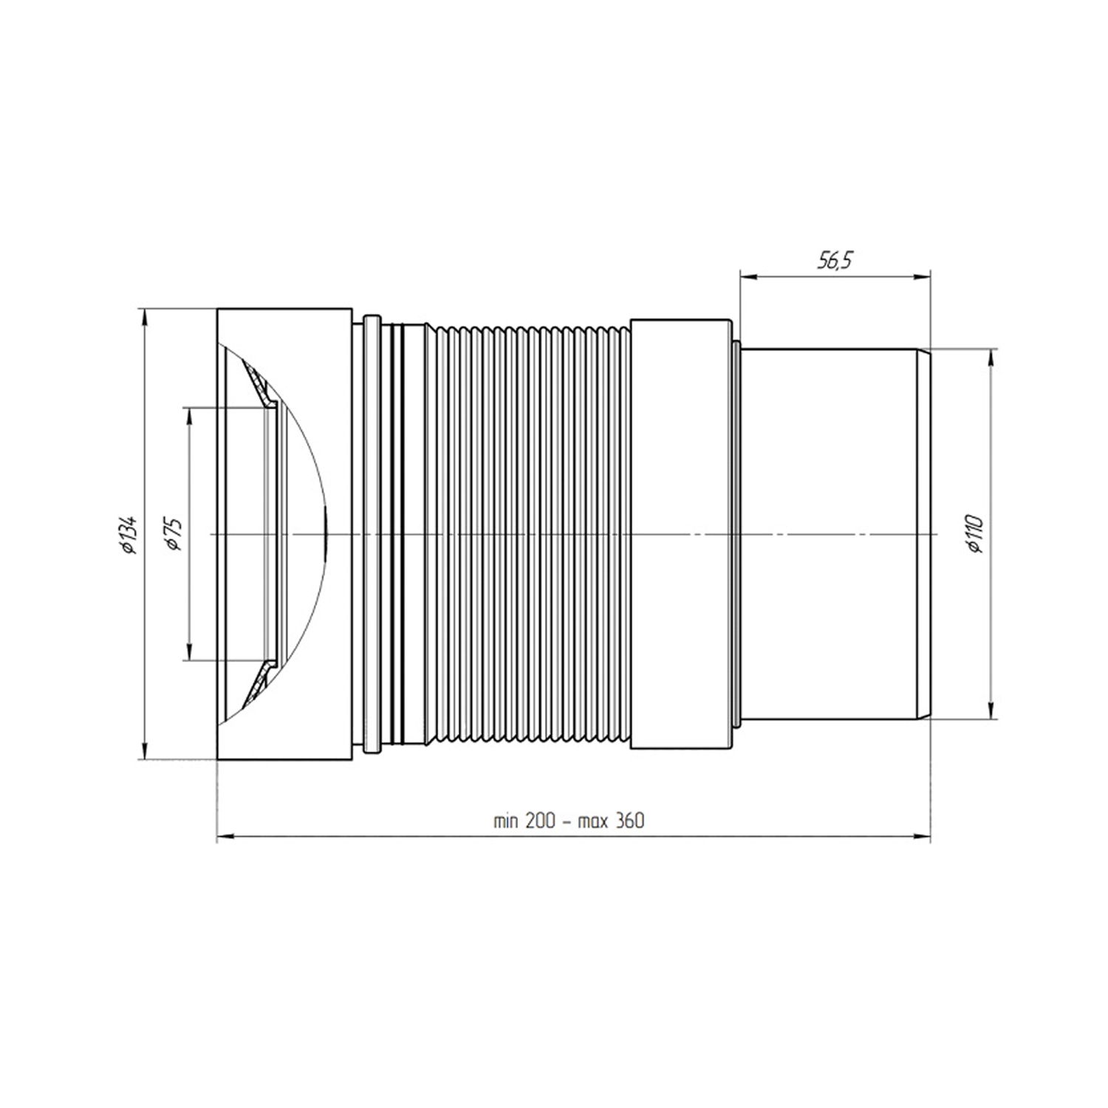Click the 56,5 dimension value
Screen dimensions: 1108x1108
point(835,260)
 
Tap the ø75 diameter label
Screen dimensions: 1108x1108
point(174,533)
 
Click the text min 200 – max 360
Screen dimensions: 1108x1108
point(569,821)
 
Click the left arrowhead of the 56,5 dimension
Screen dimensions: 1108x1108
point(749,278)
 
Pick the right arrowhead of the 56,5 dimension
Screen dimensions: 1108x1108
point(920,278)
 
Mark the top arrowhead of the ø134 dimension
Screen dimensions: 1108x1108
point(144,318)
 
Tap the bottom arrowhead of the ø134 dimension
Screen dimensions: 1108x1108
point(144,750)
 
